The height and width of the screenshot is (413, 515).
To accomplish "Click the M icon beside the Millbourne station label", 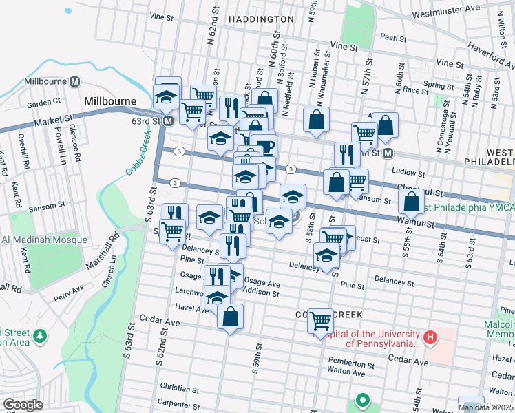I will (74, 81).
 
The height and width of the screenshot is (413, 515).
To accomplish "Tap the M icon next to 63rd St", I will (168, 121).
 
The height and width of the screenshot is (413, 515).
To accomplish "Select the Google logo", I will (22, 405).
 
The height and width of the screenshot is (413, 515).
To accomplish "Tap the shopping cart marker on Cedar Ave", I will (321, 321).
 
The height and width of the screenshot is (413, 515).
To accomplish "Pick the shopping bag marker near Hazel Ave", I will (231, 317).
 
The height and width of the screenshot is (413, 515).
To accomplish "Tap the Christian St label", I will (179, 389).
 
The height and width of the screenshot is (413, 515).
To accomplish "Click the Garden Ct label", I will (44, 103).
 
